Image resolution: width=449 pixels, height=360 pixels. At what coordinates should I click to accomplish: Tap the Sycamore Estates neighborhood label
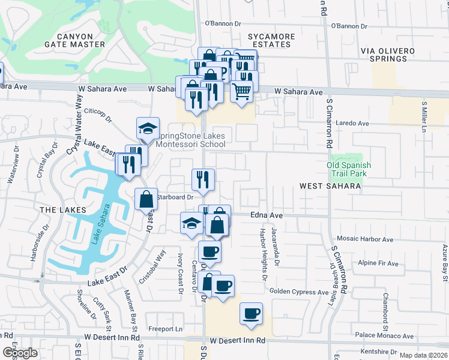pyautogui.click(x=271, y=41)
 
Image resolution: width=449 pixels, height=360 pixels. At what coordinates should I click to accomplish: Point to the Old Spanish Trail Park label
pyautogui.click(x=349, y=169)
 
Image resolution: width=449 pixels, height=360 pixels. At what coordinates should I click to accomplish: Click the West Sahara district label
pyautogui.click(x=331, y=187)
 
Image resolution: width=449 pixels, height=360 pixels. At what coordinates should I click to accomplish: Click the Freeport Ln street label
pyautogui.click(x=166, y=329)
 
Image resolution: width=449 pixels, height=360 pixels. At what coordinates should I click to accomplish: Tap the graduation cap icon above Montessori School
pyautogui.click(x=148, y=128)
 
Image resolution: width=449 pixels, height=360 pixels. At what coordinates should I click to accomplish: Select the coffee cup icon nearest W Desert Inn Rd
pyautogui.click(x=251, y=313)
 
